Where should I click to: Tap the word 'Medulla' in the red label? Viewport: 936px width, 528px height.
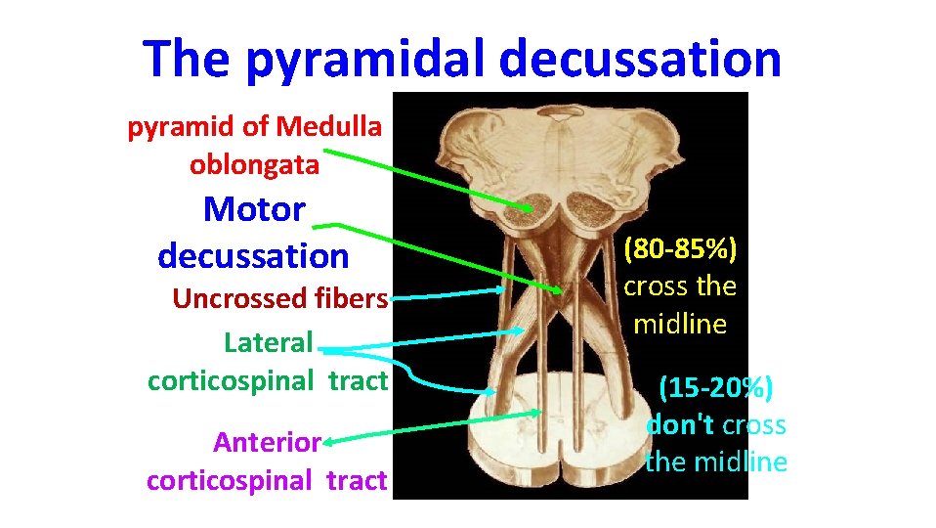pos(329,126)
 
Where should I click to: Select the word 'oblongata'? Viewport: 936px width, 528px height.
pos(254,164)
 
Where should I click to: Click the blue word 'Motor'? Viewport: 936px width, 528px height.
pos(254,208)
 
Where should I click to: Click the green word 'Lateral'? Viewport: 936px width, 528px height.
pos(269,343)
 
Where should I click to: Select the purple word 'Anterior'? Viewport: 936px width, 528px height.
pos(267,443)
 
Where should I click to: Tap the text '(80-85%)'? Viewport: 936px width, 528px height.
pos(681,249)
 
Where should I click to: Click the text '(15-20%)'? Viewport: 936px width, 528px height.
pos(716,388)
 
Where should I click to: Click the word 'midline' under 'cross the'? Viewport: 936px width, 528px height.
pos(680,324)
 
